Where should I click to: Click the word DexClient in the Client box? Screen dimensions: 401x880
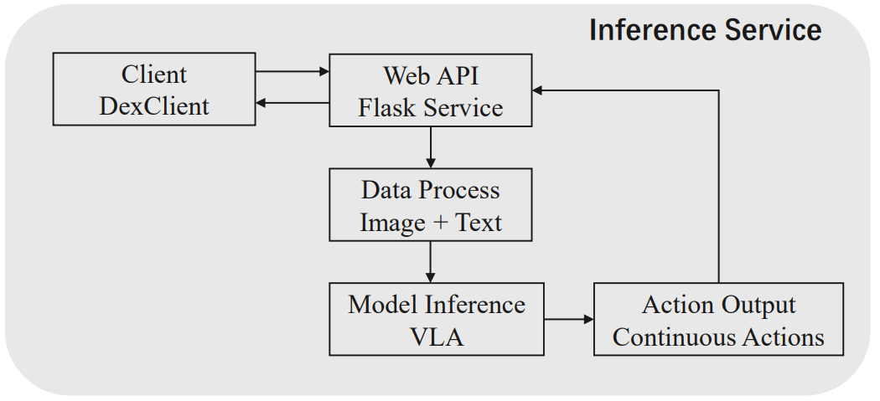pyautogui.click(x=154, y=106)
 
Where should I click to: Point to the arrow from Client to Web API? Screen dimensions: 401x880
pyautogui.click(x=292, y=72)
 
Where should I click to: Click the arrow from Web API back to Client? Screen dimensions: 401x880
pyautogui.click(x=292, y=103)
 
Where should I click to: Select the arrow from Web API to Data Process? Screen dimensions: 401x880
pyautogui.click(x=430, y=147)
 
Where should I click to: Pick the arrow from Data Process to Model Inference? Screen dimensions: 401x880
pyautogui.click(x=430, y=261)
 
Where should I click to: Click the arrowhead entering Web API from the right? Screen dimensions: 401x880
pyautogui.click(x=539, y=89)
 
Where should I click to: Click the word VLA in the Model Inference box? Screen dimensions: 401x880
pyautogui.click(x=437, y=337)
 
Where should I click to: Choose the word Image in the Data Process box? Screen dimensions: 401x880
pyautogui.click(x=391, y=224)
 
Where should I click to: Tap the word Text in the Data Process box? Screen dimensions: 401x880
pyautogui.click(x=478, y=224)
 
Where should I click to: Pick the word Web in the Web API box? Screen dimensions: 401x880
pyautogui.click(x=401, y=75)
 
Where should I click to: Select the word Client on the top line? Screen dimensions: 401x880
pyautogui.click(x=154, y=75)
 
